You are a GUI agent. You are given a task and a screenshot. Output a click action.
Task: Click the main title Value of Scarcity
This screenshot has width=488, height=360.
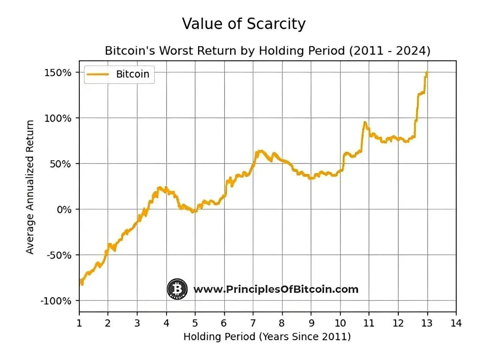coord(244,24)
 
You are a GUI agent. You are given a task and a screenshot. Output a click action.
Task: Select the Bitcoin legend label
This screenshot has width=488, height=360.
coord(132,74)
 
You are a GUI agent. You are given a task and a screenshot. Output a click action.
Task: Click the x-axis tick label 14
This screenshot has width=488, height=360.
coord(456,323)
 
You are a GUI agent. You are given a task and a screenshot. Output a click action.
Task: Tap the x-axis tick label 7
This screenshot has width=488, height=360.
coord(253,323)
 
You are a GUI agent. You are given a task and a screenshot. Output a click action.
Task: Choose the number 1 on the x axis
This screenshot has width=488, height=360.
coord(79,323)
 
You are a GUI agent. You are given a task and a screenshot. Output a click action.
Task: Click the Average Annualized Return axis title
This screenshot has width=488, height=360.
coord(30,187)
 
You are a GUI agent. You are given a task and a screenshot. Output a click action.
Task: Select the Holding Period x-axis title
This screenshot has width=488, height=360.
coord(267,337)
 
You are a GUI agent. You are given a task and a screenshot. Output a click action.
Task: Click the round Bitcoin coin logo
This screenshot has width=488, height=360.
coord(177,289)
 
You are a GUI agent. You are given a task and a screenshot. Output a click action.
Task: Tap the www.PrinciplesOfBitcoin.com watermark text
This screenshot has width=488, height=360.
coord(276,289)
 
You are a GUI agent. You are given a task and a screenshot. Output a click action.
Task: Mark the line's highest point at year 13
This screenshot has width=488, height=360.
coord(427,72)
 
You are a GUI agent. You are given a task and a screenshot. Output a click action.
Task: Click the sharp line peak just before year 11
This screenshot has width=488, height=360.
coord(365,122)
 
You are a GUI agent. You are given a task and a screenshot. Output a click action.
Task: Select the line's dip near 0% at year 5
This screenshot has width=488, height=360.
coord(194,211)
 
